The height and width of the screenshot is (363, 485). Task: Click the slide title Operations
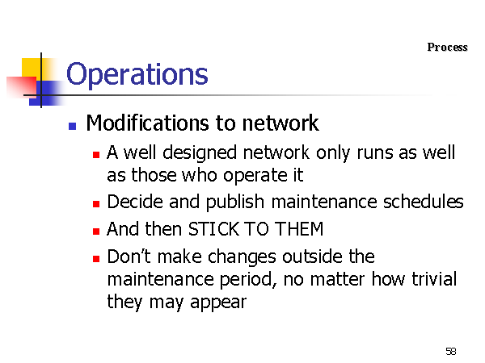tap(137, 74)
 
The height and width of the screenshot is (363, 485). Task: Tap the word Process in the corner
tap(447, 48)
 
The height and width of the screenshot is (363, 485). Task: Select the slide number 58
tap(451, 351)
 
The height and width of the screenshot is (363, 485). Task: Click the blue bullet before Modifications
tap(73, 126)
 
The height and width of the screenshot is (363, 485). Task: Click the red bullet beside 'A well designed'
tap(96, 154)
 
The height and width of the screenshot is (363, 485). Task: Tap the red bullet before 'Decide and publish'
tap(96, 204)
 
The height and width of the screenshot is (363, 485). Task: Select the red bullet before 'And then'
tap(96, 231)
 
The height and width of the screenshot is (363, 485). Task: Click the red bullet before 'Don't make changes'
tap(96, 258)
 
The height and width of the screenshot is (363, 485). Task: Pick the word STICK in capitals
tap(213, 229)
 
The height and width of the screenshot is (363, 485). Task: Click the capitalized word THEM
tap(299, 229)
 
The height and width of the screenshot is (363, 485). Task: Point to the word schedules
tap(423, 202)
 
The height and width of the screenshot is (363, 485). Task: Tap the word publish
tap(235, 202)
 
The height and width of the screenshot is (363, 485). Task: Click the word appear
tap(218, 302)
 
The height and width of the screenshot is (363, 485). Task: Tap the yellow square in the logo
tap(31, 69)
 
